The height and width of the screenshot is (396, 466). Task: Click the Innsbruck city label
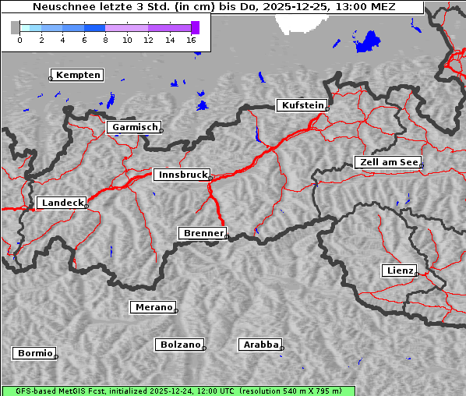[181, 175]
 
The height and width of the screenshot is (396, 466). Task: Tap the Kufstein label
[301, 105]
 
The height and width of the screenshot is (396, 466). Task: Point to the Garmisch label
[134, 127]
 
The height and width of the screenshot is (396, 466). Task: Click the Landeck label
[62, 203]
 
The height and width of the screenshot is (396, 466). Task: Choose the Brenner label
[203, 233]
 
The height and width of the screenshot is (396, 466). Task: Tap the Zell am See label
[387, 162]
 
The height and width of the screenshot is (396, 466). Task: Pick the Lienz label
[400, 270]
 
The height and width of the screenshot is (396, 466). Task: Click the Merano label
[153, 307]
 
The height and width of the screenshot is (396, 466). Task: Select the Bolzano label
[180, 345]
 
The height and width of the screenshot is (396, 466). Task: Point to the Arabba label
[260, 345]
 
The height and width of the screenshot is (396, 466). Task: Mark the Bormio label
[35, 353]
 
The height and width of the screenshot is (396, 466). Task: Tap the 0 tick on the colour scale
[19, 39]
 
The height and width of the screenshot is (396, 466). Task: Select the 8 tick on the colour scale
[105, 39]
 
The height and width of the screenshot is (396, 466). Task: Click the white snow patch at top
[304, 23]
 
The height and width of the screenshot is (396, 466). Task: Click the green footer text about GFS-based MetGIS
[178, 391]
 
